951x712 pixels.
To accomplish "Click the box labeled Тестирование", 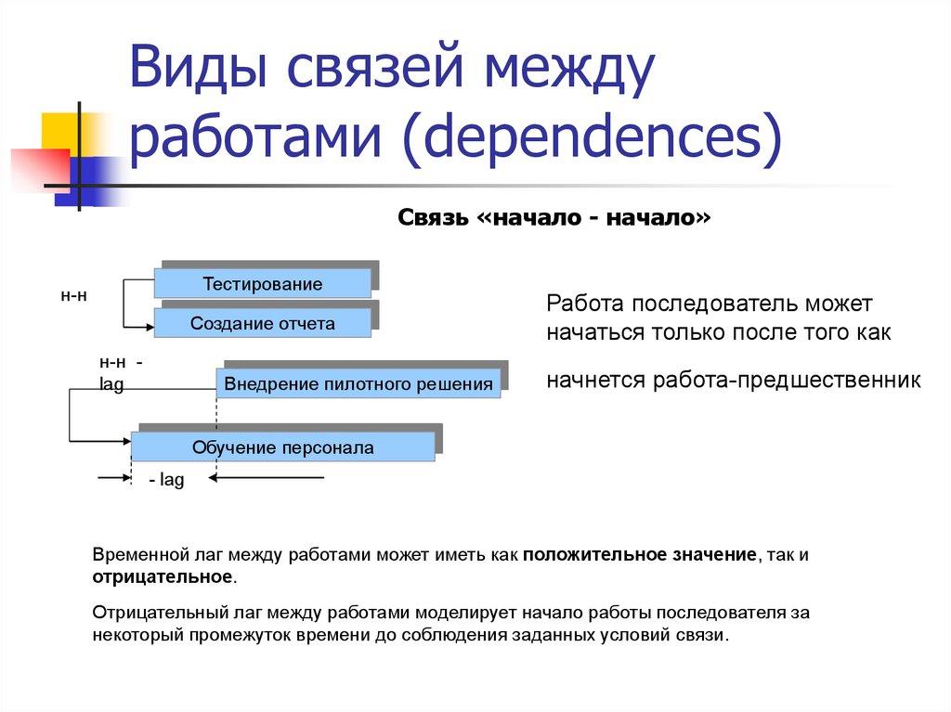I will click(x=263, y=284).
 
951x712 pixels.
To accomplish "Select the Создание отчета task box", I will click(x=263, y=323).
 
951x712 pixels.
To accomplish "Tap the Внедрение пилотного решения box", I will click(x=358, y=383).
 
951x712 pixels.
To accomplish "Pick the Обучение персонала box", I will click(x=282, y=447).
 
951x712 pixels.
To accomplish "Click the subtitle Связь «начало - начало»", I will click(x=554, y=217).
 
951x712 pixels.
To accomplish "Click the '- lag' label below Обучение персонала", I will click(x=167, y=481).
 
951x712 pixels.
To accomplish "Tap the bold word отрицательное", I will click(x=162, y=576).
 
